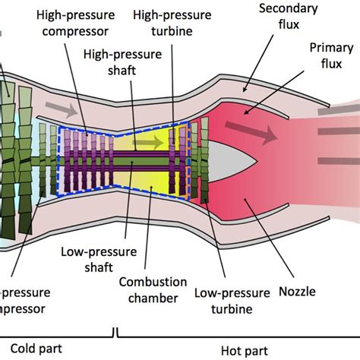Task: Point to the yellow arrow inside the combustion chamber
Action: (x=153, y=141)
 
